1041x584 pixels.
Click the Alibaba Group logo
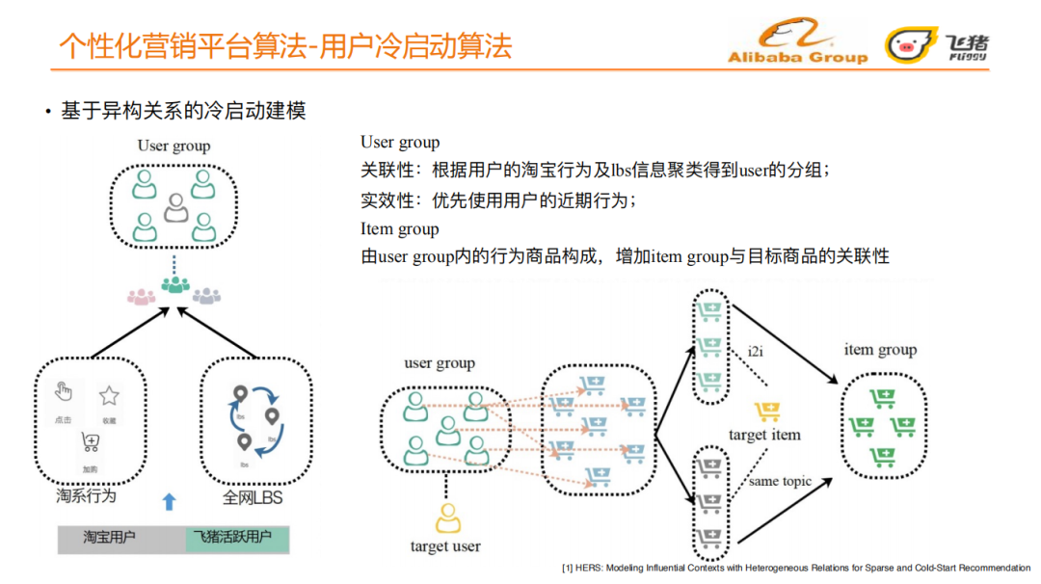(798, 44)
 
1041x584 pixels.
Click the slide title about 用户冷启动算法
(285, 45)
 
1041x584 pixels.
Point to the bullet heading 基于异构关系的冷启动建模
(183, 111)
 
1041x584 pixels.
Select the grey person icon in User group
(174, 206)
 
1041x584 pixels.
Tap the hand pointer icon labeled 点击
(64, 391)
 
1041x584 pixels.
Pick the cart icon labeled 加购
(91, 443)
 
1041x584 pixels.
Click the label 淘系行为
(86, 497)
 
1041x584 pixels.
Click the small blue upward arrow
(170, 501)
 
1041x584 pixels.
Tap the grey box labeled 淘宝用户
(109, 538)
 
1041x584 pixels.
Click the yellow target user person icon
(446, 518)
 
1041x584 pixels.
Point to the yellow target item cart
(767, 411)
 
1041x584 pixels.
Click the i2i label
(756, 351)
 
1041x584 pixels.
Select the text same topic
(781, 481)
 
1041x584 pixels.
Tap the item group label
(879, 350)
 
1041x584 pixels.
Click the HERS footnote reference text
(795, 569)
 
